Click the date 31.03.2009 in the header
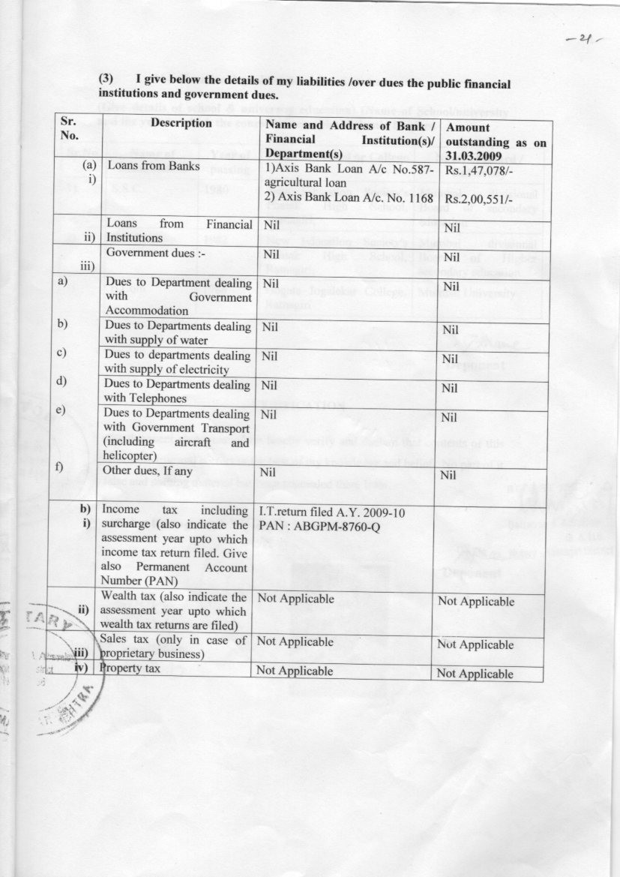pyautogui.click(x=478, y=156)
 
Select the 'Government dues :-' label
pyautogui.click(x=156, y=253)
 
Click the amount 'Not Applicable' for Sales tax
pyautogui.click(x=475, y=644)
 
